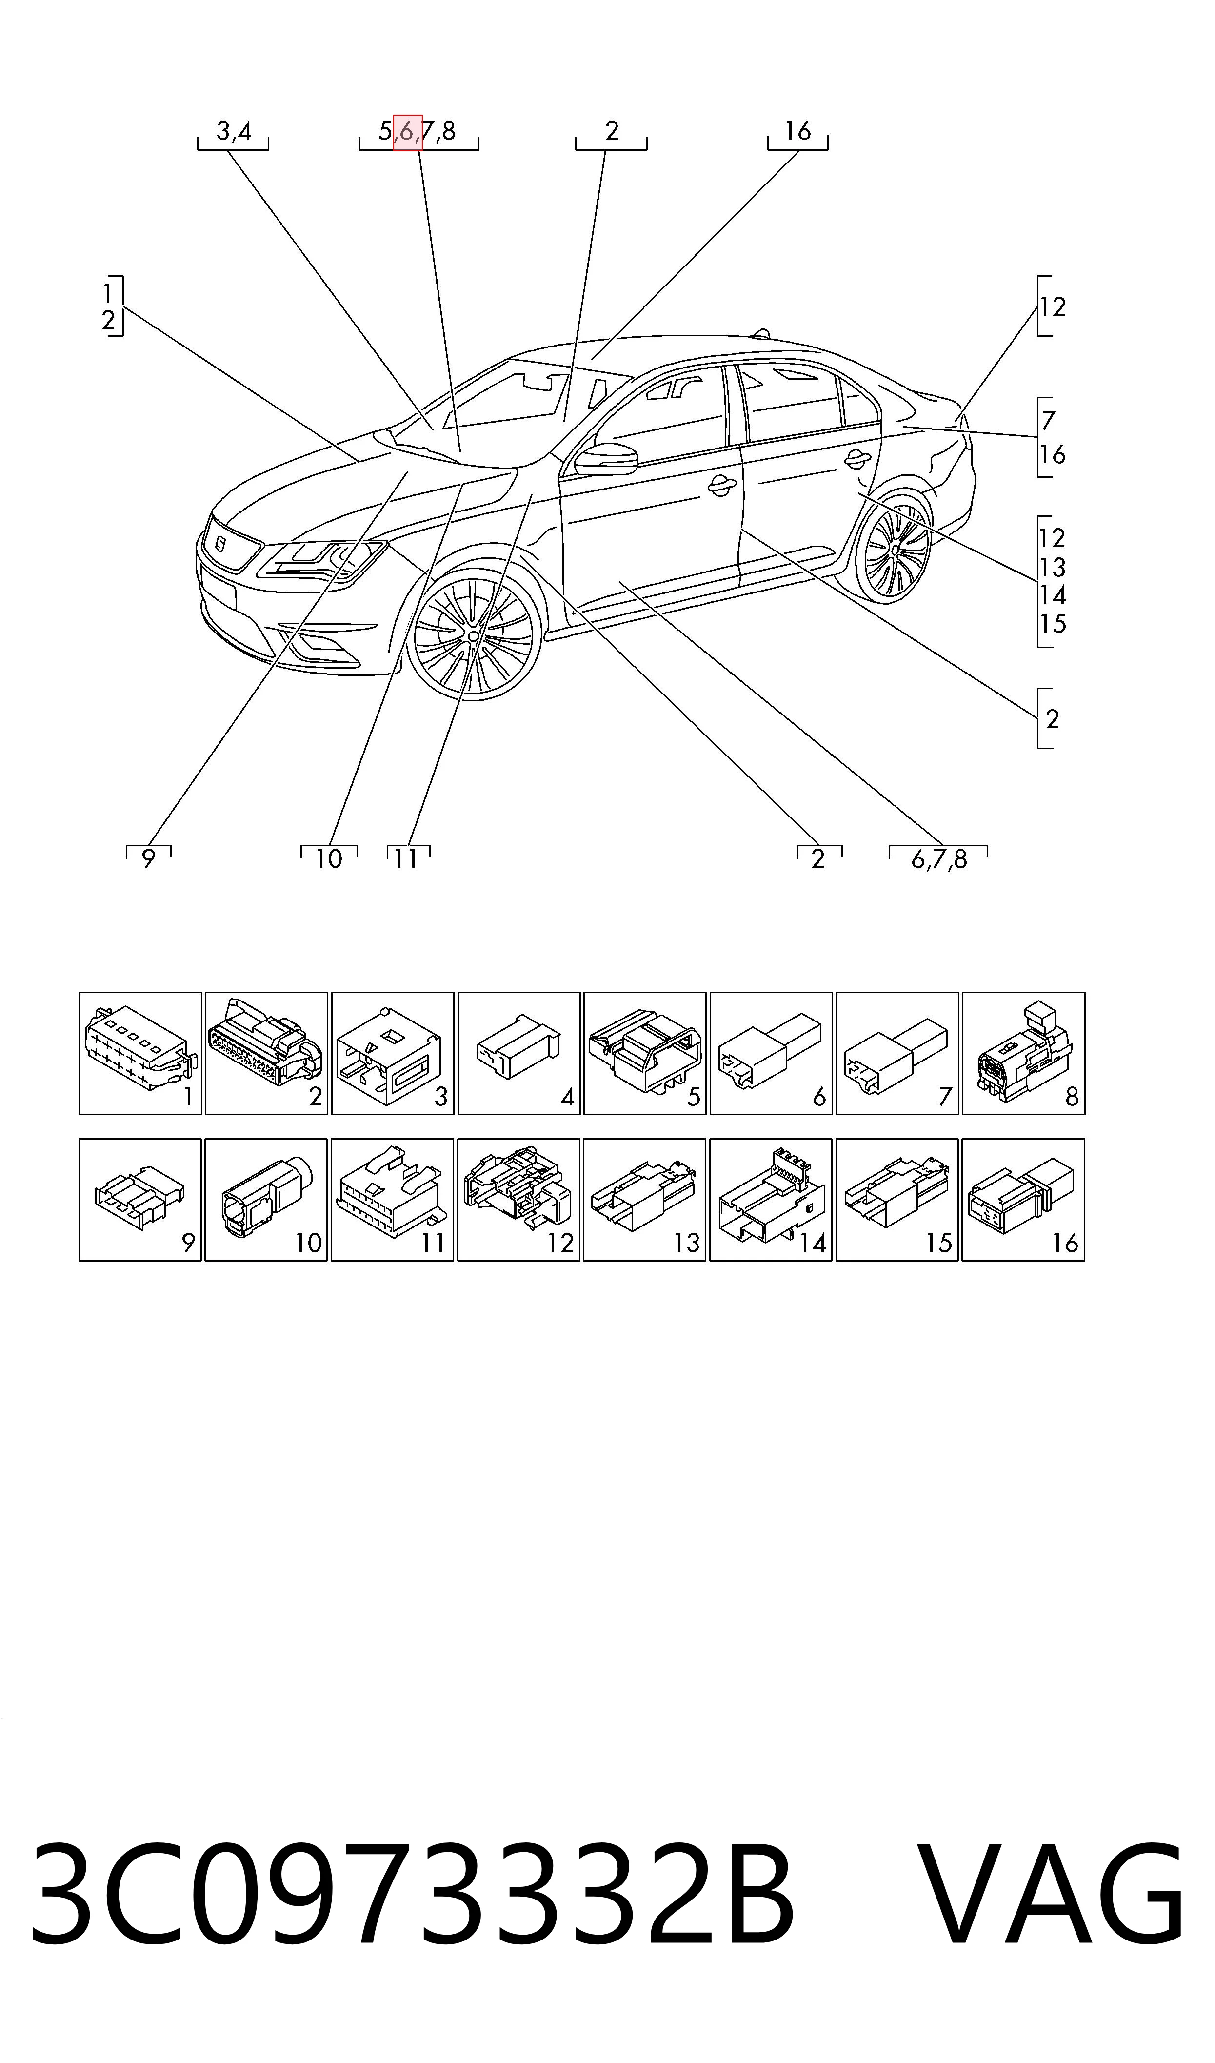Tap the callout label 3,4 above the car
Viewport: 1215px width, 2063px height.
[233, 131]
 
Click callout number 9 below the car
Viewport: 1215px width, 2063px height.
[148, 859]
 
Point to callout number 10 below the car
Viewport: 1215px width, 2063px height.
[328, 859]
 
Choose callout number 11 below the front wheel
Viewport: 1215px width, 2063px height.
[406, 859]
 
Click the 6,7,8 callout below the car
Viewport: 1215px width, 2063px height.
[938, 859]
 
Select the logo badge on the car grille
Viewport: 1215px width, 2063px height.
[221, 543]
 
